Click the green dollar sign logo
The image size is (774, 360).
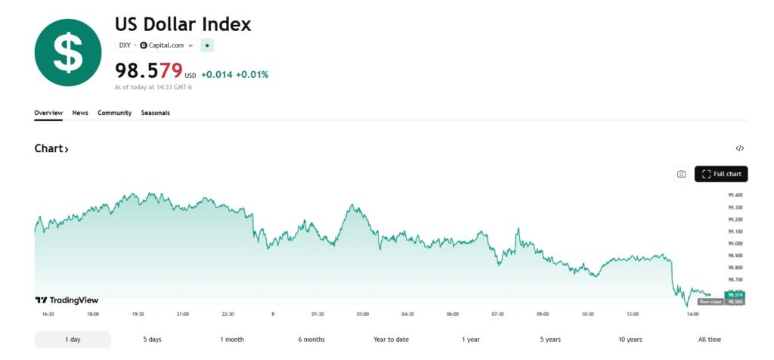coord(68,53)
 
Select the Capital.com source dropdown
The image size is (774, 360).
coord(167,45)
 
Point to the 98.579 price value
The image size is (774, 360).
coord(149,71)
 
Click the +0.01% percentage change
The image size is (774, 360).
coord(252,75)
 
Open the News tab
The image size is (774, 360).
coord(80,113)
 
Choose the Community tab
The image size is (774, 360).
coord(114,113)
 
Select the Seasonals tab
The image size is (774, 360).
coord(156,113)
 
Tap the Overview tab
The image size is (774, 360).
coord(48,113)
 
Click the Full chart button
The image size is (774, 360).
coord(721,174)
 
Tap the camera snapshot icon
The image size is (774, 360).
coord(681,174)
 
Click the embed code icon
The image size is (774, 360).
coord(740,148)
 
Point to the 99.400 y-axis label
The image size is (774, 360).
coord(735,195)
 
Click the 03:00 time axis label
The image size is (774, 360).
coord(363,314)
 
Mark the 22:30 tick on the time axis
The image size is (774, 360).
coord(228,314)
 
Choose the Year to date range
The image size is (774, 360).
coord(391,340)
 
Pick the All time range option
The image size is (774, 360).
coord(709,340)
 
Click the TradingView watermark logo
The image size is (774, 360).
coord(67,300)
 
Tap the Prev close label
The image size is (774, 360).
coord(710,302)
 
